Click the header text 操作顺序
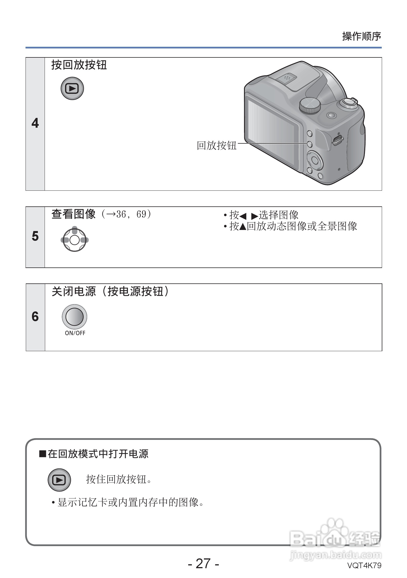click(361, 36)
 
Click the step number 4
click(35, 123)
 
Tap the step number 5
click(35, 236)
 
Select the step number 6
click(35, 316)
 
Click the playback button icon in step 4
click(72, 88)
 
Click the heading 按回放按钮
click(79, 65)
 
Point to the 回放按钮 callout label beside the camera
click(217, 145)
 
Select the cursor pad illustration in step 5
click(74, 240)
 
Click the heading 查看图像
click(73, 214)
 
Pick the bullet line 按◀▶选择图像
click(261, 215)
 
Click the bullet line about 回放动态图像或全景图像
click(290, 226)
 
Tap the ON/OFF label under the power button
click(75, 333)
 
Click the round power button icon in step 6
click(74, 316)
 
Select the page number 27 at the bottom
click(203, 563)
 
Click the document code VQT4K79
click(364, 565)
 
